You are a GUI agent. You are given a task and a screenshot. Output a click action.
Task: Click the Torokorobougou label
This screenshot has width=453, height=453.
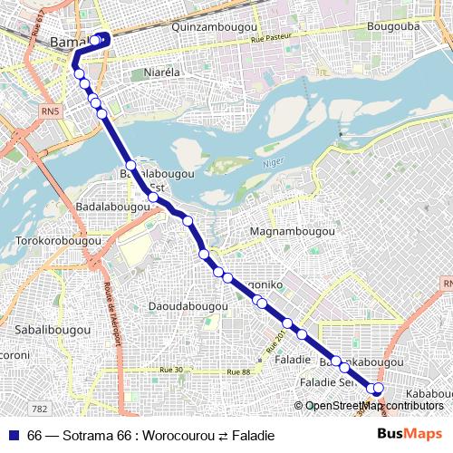59,241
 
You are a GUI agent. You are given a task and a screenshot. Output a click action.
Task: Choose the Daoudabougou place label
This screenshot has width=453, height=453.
188,306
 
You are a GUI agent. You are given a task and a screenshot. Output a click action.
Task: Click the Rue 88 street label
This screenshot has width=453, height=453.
237,372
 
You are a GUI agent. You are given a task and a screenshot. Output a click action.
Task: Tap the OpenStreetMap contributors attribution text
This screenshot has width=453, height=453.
374,405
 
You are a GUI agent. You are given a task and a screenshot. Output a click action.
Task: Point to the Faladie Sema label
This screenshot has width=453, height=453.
326,382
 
